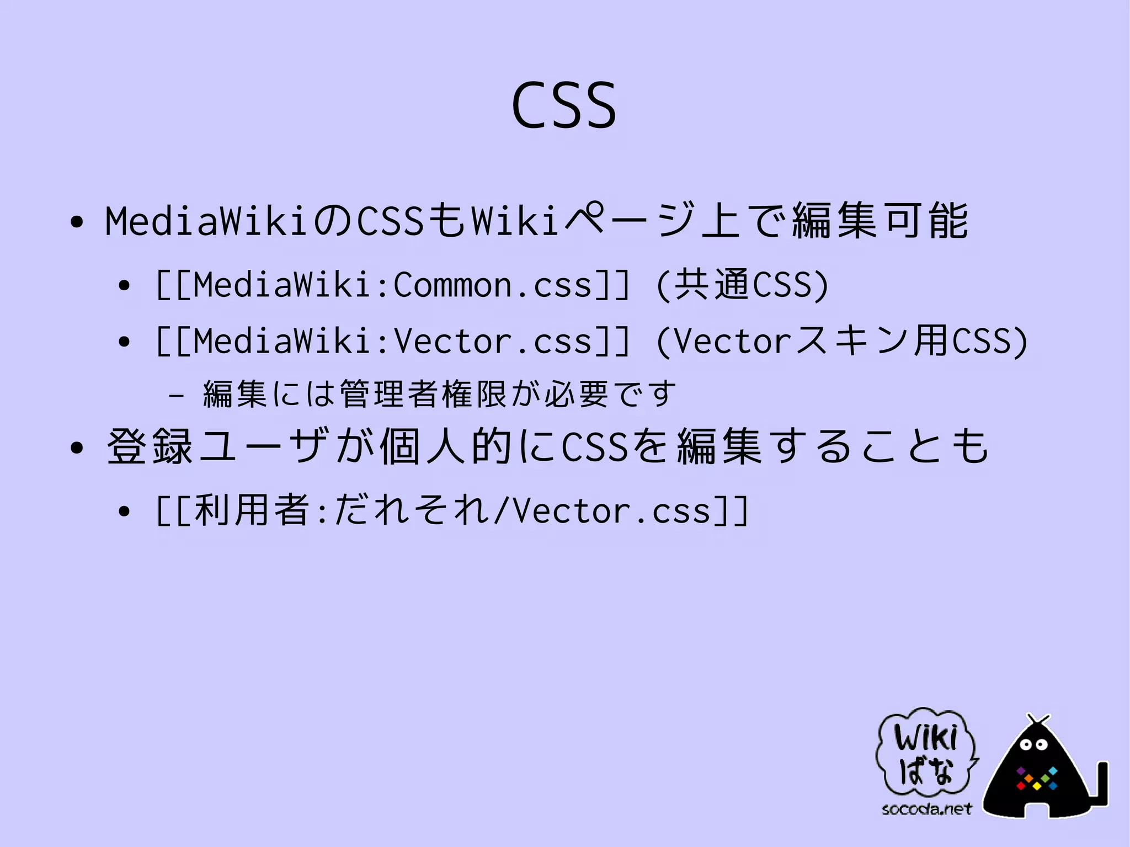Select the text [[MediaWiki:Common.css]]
pyautogui.click(x=392, y=285)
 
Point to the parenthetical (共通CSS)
pyautogui.click(x=743, y=285)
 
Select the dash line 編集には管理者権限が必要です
pyautogui.click(x=439, y=394)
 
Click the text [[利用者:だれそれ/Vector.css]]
pyautogui.click(x=452, y=510)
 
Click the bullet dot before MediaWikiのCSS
pyautogui.click(x=77, y=222)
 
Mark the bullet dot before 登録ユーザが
pyautogui.click(x=77, y=448)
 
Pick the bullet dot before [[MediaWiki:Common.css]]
pyautogui.click(x=124, y=286)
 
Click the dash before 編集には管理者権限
pyautogui.click(x=175, y=395)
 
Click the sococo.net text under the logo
pyautogui.click(x=926, y=809)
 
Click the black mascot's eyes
pyautogui.click(x=1033, y=745)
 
